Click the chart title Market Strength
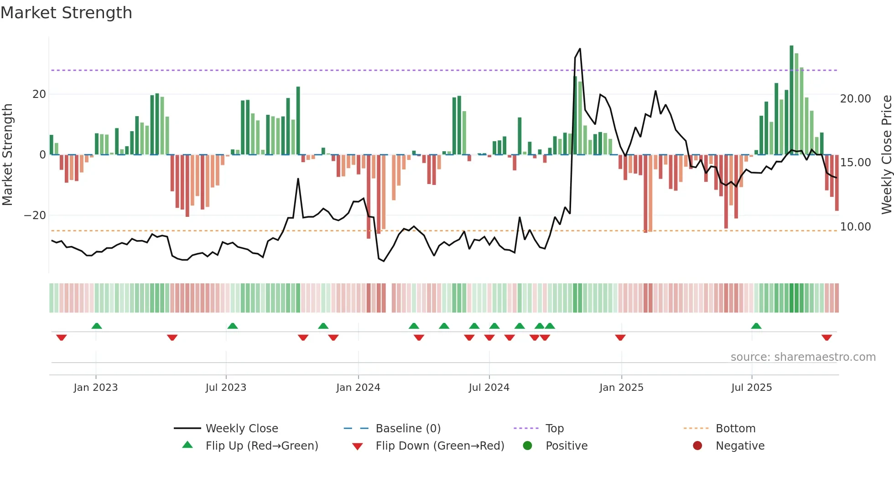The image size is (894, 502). (66, 13)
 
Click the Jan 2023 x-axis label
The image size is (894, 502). (96, 388)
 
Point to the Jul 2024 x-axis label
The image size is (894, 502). (489, 388)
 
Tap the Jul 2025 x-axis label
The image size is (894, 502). (752, 388)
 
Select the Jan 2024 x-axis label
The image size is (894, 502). (358, 388)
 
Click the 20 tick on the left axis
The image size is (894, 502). (39, 94)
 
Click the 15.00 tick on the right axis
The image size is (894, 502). (855, 163)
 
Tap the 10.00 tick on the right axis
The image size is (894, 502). (855, 227)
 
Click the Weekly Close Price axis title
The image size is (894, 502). (886, 155)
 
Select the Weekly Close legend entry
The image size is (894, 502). (241, 429)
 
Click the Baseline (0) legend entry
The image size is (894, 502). (408, 429)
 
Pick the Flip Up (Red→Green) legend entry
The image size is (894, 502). (261, 446)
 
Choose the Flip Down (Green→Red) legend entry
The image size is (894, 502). (440, 446)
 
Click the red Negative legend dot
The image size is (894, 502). (697, 446)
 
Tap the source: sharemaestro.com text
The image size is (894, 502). (803, 357)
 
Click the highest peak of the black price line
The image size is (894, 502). (580, 49)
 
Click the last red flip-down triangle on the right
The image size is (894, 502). (826, 338)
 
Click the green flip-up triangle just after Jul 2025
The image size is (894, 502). (756, 326)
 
